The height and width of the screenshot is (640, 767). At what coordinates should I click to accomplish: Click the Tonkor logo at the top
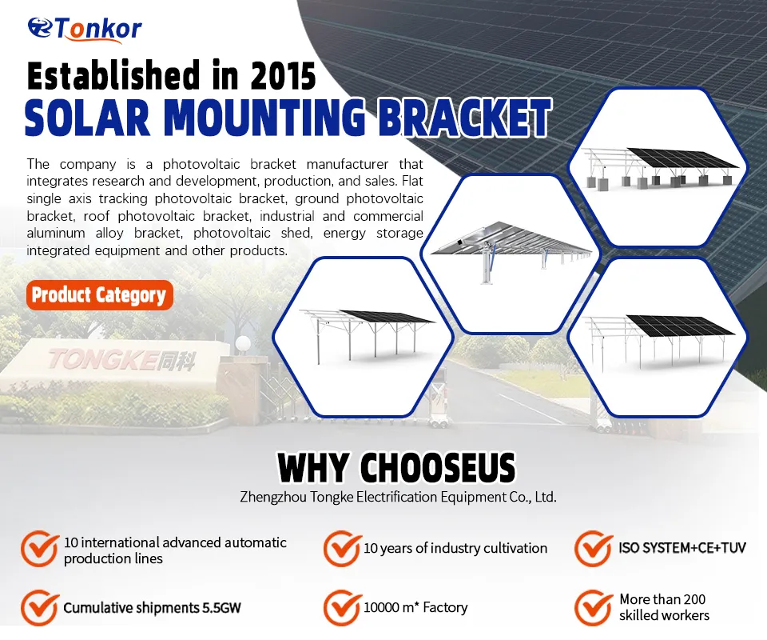[x=84, y=28]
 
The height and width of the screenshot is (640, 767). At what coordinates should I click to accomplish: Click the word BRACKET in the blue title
[x=464, y=118]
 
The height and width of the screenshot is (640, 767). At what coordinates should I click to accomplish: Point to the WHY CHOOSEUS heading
[x=396, y=468]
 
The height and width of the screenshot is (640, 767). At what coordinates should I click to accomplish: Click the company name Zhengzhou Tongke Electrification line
[x=398, y=497]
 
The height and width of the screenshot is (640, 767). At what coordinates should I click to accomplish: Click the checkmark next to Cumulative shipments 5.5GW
[x=38, y=608]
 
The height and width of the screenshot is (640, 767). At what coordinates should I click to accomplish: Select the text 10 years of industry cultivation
[x=455, y=548]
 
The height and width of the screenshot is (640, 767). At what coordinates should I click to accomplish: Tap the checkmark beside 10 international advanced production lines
[x=38, y=549]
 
